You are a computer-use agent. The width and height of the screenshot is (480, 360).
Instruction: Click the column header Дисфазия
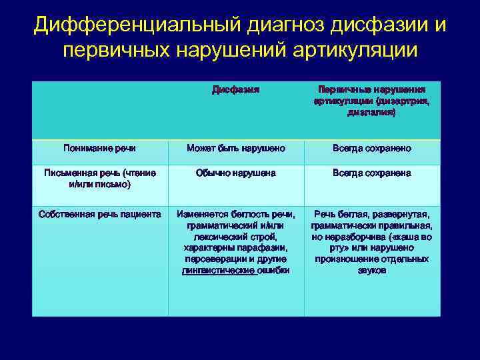point(235,89)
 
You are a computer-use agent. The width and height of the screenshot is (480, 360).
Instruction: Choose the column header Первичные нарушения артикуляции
point(371,95)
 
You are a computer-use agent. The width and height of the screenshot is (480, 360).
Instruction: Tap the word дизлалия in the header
point(370,113)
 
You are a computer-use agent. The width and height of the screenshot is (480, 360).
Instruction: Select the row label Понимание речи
point(99,148)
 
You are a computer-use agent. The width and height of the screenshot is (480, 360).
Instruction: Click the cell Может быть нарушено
point(236,148)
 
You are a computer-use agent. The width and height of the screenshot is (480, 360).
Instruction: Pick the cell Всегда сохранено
point(371,148)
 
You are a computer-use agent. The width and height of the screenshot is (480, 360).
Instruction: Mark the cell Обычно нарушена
point(236,173)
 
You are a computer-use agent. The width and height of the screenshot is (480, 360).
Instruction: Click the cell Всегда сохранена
point(371,173)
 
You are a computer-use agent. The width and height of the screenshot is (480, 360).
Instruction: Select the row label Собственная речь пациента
point(100,214)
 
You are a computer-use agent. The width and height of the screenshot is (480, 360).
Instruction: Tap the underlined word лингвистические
point(219,270)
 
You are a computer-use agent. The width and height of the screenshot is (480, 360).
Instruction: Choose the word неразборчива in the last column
point(357,237)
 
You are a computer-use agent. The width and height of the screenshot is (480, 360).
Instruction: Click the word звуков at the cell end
point(371,270)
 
